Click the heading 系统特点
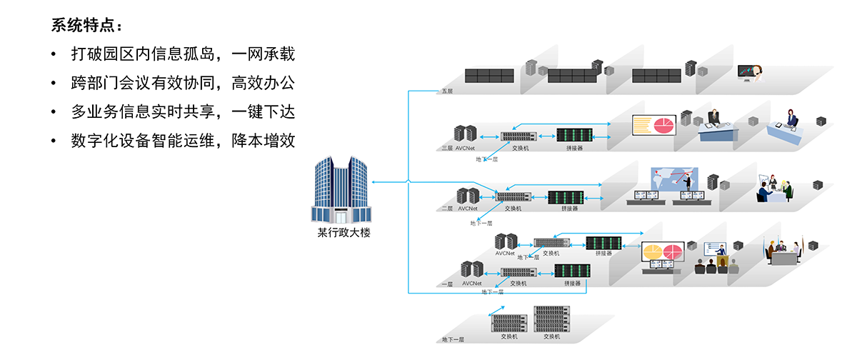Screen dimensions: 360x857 coord(86,26)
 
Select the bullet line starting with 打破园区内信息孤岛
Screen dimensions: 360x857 coord(183,55)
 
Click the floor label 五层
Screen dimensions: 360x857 coord(447,92)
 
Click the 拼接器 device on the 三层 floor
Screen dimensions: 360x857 coord(574,135)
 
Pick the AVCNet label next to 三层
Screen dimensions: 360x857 coord(466,149)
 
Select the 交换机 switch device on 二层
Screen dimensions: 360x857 coord(513,196)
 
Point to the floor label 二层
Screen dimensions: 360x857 coord(447,209)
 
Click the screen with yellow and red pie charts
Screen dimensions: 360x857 coord(663,252)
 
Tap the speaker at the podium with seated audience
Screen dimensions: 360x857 coord(721,250)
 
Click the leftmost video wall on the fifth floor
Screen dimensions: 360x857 coord(488,76)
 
